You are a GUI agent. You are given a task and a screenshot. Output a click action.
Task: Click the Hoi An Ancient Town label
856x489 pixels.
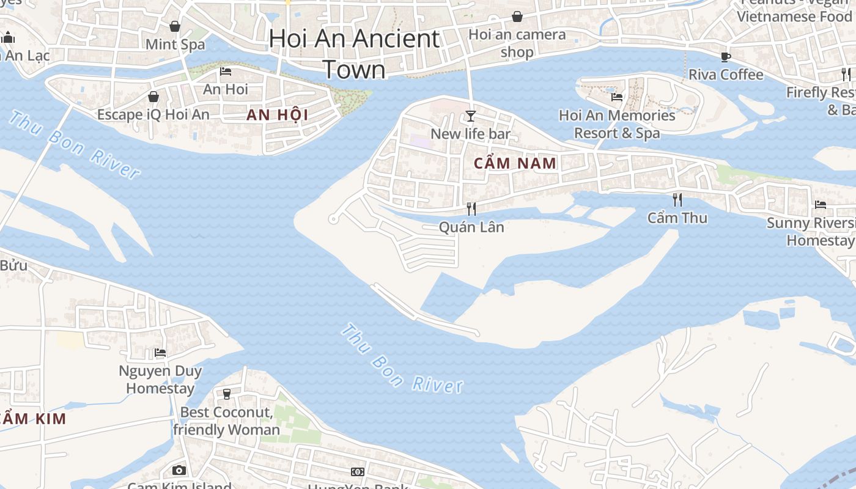point(355,54)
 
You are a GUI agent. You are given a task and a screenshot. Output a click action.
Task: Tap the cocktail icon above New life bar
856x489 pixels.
point(471,116)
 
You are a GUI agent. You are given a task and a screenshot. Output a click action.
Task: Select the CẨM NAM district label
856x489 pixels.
point(515,163)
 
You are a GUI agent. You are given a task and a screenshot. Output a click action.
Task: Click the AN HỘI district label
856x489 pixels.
point(277,115)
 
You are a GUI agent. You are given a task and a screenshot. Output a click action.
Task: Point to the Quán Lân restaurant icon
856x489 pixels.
point(471,209)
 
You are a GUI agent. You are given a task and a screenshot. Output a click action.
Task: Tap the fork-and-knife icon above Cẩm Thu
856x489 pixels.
point(677,200)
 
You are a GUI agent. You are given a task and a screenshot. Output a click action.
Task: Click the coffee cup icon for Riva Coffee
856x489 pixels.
point(726,57)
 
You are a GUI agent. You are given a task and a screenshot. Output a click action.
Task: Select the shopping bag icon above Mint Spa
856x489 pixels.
point(175,26)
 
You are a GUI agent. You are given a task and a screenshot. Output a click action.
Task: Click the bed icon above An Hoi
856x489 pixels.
point(226,72)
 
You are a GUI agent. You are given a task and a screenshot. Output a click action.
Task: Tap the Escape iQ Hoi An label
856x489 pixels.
point(153,114)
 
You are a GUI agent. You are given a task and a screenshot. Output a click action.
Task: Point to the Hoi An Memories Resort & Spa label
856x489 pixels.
point(617,124)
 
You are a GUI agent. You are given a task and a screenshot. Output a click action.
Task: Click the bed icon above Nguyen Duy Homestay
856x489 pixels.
point(160,353)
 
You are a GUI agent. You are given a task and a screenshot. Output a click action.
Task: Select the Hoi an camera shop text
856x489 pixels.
point(517,43)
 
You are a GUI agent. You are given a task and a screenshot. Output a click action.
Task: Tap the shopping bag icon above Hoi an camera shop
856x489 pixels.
point(517,17)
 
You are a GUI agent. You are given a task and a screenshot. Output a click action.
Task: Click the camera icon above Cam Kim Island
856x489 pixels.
point(179,470)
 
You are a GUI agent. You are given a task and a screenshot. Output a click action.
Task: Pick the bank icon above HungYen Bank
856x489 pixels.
point(358,472)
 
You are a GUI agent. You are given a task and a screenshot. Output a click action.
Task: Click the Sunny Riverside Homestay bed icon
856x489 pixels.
point(821,205)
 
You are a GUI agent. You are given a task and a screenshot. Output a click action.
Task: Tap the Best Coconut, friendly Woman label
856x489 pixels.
point(226,421)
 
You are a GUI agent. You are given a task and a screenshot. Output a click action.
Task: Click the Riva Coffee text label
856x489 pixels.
point(726,75)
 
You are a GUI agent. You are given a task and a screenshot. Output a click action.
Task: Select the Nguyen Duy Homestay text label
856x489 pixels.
point(160,379)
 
